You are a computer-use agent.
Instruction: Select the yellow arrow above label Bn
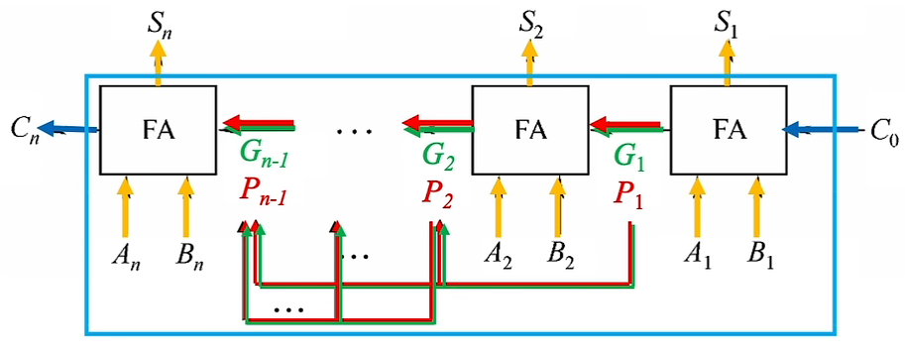184,208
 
